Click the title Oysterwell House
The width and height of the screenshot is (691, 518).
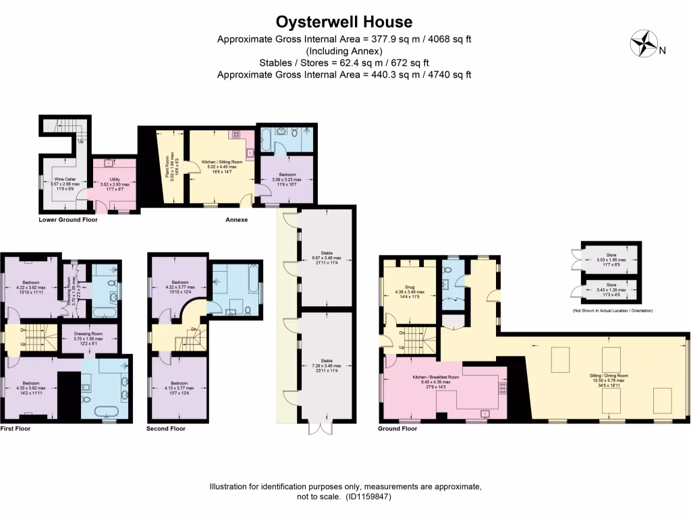click(x=344, y=23)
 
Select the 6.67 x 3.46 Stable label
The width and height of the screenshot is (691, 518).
click(x=327, y=258)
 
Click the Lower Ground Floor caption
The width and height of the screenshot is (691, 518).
click(x=68, y=219)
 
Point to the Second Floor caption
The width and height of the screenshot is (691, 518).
click(x=166, y=428)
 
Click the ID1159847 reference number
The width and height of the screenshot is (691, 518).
click(x=367, y=496)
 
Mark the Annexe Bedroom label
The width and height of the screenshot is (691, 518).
click(x=287, y=181)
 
